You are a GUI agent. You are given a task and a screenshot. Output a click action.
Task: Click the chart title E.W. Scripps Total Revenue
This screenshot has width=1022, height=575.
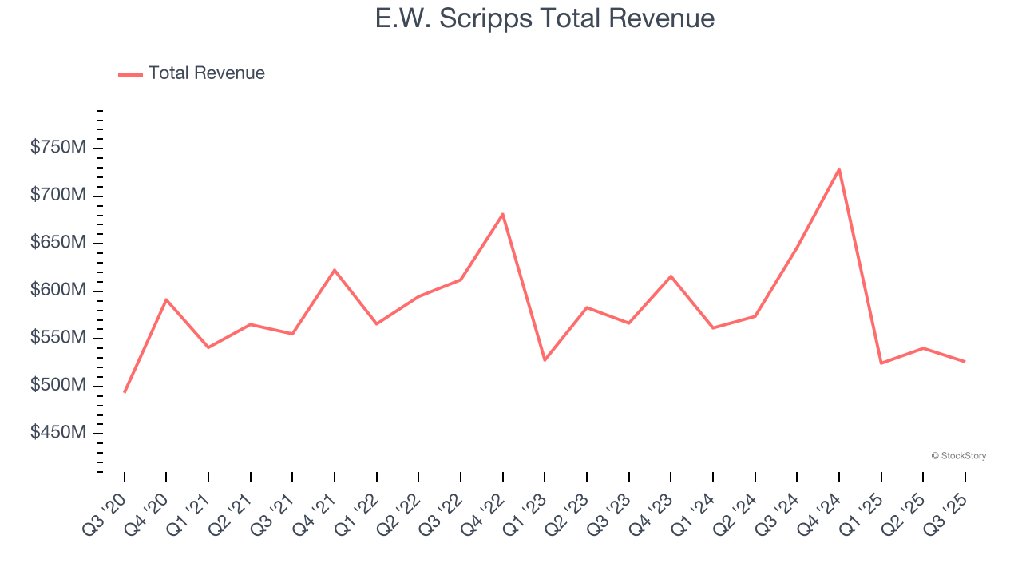click(545, 18)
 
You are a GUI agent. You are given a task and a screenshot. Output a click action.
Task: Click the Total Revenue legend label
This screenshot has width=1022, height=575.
click(206, 73)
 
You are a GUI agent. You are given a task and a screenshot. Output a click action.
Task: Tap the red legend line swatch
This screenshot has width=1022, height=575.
click(130, 74)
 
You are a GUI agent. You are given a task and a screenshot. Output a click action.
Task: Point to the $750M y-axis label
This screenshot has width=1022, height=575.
click(58, 149)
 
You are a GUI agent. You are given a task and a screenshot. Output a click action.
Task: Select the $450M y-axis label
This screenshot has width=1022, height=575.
click(58, 433)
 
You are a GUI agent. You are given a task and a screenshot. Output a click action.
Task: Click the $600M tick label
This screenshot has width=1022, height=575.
click(58, 291)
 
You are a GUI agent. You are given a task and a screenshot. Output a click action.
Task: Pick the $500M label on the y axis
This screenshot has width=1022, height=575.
click(58, 386)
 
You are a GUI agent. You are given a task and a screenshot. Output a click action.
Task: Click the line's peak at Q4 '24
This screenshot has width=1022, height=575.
click(839, 169)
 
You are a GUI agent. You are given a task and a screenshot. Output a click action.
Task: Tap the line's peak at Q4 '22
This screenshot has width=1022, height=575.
click(503, 214)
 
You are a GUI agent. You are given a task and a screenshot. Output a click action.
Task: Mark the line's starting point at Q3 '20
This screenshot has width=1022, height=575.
click(125, 392)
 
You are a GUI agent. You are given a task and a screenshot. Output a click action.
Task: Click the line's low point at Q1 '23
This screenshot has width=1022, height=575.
click(545, 360)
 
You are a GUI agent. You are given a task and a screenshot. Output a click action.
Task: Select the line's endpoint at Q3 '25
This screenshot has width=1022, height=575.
click(965, 362)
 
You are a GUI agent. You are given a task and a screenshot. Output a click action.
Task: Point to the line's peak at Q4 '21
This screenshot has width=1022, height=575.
click(335, 270)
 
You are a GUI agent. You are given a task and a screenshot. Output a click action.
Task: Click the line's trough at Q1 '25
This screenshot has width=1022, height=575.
click(881, 363)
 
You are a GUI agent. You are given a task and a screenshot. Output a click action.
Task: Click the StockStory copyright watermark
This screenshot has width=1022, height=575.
click(958, 456)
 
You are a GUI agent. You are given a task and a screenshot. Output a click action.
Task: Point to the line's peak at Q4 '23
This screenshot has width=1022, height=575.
click(671, 276)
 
